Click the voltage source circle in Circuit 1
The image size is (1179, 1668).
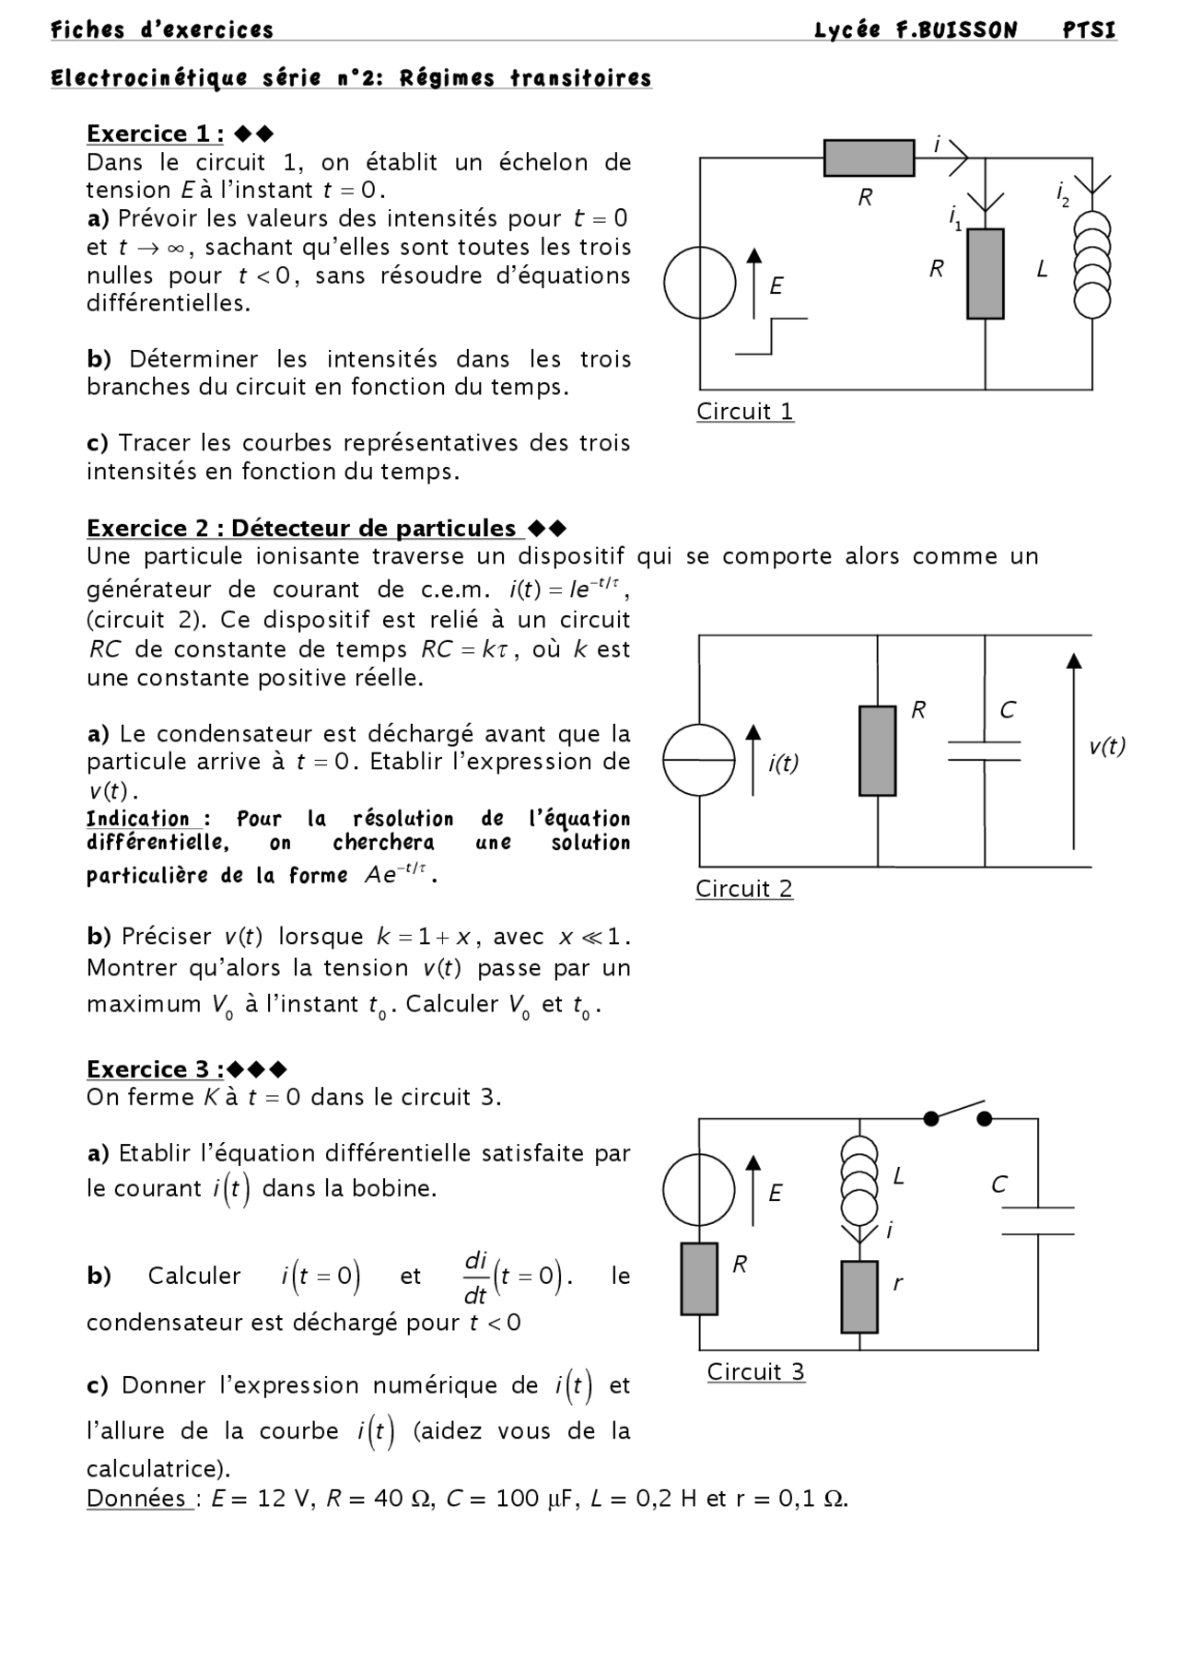[x=700, y=283]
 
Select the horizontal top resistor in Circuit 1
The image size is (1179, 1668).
[x=869, y=158]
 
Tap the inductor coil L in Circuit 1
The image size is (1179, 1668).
[x=1092, y=264]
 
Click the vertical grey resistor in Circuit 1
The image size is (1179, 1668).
[x=985, y=274]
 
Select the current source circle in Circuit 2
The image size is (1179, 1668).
[x=699, y=759]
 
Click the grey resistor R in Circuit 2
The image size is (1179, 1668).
[x=877, y=751]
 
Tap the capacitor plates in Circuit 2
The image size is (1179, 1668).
[x=984, y=750]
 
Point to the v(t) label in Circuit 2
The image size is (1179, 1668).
[x=1106, y=747]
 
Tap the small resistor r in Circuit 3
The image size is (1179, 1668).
[x=859, y=1297]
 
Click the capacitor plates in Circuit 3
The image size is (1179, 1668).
[x=1037, y=1220]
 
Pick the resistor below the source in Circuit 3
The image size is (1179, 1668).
[x=699, y=1278]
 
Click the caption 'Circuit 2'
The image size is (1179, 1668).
[x=744, y=889]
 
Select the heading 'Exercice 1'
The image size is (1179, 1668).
[x=154, y=134]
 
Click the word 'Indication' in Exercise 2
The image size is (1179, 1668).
[x=138, y=819]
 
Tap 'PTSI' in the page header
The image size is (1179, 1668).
[x=1089, y=30]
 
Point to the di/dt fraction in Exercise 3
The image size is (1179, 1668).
[x=475, y=1277]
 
